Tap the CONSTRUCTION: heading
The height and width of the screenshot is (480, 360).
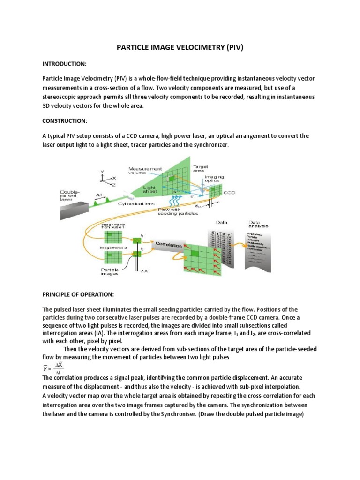65,120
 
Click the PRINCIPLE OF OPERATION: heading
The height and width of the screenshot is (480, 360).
78,294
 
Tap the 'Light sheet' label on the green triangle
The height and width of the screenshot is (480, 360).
150,189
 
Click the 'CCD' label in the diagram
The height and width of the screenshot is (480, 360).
229,192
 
